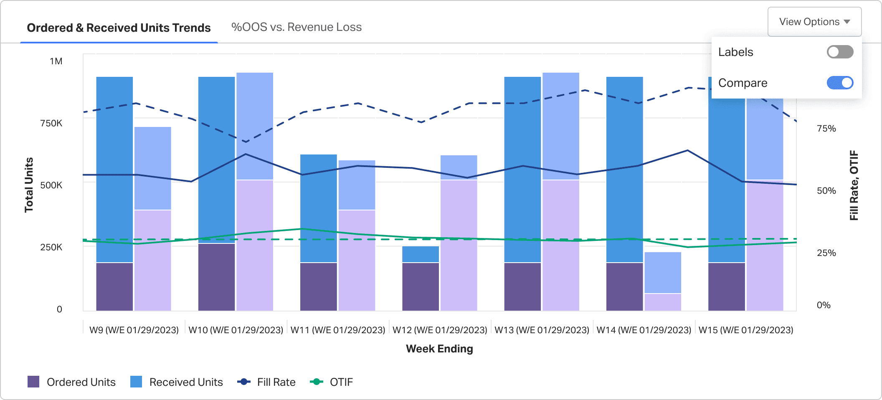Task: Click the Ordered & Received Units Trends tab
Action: pyautogui.click(x=119, y=28)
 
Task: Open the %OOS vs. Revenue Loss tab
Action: pyautogui.click(x=297, y=27)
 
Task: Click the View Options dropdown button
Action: pyautogui.click(x=814, y=22)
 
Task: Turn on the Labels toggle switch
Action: pyautogui.click(x=840, y=52)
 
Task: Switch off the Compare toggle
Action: pyautogui.click(x=840, y=83)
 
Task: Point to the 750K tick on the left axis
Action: pyautogui.click(x=51, y=123)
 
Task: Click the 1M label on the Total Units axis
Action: pyautogui.click(x=56, y=61)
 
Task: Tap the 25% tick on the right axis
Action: pyautogui.click(x=826, y=253)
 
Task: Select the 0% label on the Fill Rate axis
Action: pyautogui.click(x=824, y=305)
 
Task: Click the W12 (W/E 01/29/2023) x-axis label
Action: pyautogui.click(x=440, y=330)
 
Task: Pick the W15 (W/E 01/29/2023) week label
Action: pyautogui.click(x=746, y=330)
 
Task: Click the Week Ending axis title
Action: pyautogui.click(x=439, y=349)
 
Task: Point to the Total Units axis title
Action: pyautogui.click(x=29, y=185)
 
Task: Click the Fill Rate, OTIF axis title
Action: pyautogui.click(x=854, y=185)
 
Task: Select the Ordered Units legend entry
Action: pyautogui.click(x=71, y=382)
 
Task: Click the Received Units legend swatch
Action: pyautogui.click(x=136, y=382)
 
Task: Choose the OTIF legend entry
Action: pyautogui.click(x=331, y=382)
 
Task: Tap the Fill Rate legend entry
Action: pyautogui.click(x=266, y=382)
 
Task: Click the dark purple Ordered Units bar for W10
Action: pyautogui.click(x=216, y=277)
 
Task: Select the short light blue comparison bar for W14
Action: pyautogui.click(x=663, y=273)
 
